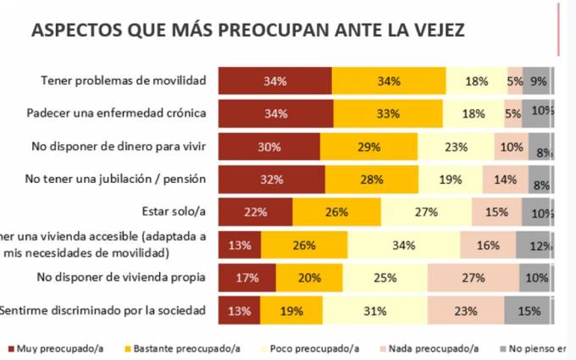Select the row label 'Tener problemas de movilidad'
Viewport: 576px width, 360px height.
(x=124, y=80)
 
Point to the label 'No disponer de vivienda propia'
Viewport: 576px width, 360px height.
(x=122, y=277)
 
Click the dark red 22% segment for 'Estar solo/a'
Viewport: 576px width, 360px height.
(x=255, y=212)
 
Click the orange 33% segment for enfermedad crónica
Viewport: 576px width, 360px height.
(x=389, y=114)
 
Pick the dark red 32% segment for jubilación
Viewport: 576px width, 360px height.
(x=271, y=180)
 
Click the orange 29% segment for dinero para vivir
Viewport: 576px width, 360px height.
(x=369, y=147)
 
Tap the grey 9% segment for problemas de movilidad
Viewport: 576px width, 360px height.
(x=536, y=80)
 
